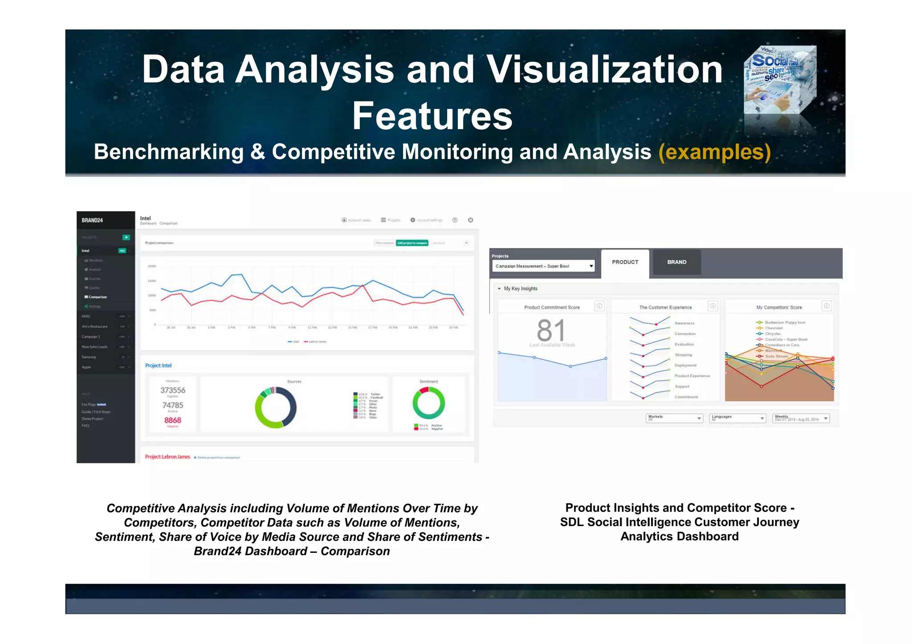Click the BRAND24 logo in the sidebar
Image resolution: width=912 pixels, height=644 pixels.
[92, 220]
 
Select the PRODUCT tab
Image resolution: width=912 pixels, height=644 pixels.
[625, 262]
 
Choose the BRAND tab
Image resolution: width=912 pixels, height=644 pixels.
[676, 262]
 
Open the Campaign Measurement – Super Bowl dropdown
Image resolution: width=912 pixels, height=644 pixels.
[543, 266]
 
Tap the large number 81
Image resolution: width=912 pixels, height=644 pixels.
[551, 330]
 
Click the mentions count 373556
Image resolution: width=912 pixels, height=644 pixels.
[173, 390]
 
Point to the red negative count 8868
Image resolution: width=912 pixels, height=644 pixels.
[173, 420]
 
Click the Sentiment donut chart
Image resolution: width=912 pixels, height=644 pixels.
[428, 403]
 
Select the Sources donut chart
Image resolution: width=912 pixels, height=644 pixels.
[276, 407]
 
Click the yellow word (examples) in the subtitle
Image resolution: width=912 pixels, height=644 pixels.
[714, 152]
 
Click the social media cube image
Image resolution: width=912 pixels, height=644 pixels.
[780, 80]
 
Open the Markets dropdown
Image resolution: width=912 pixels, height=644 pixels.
[674, 419]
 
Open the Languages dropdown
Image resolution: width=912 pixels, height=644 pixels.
[737, 419]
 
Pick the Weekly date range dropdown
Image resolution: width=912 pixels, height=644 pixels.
[801, 419]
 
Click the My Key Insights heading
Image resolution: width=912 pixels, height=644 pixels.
[520, 289]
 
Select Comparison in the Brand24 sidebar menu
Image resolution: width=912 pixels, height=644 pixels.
[98, 297]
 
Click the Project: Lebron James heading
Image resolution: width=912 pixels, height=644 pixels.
[167, 457]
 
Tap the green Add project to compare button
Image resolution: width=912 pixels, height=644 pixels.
[412, 243]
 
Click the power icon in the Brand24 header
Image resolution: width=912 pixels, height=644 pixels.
[470, 220]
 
